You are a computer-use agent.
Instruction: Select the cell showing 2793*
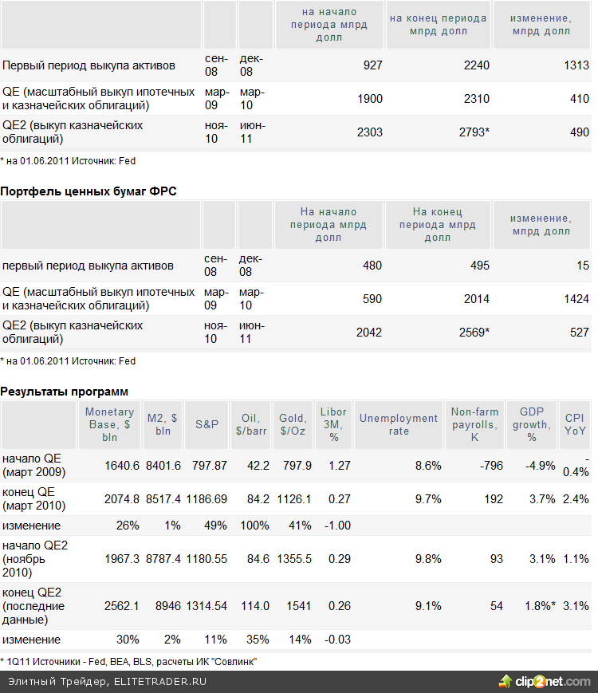473,132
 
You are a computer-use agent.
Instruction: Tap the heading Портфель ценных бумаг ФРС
89,191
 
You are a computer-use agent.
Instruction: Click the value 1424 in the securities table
575,299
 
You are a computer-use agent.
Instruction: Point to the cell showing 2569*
473,333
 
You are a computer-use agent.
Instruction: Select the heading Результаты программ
64,392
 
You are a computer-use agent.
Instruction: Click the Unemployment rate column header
399,424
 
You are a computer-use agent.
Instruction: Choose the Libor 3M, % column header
333,424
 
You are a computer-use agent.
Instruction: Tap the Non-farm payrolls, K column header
474,424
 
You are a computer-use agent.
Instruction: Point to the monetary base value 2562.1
121,606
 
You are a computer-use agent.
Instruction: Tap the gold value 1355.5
294,559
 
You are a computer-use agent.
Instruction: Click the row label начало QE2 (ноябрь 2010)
35,559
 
